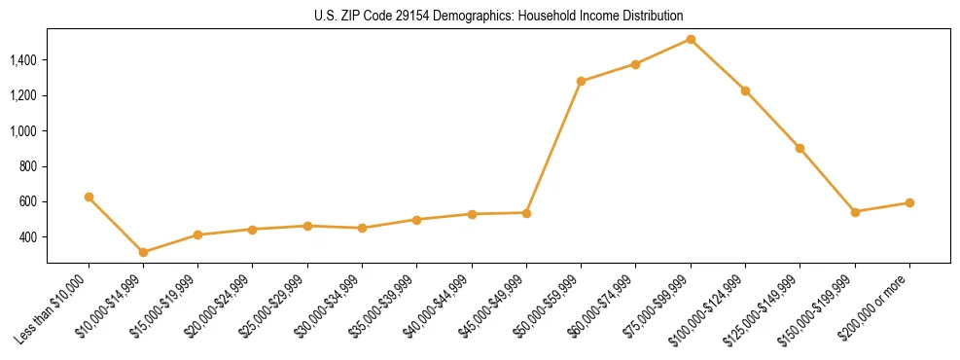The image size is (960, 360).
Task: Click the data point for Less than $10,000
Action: coord(89,197)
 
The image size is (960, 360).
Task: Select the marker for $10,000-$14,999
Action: coord(143,252)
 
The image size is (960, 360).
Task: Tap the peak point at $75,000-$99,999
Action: coord(691,39)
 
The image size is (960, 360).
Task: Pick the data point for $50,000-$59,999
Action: coord(581,81)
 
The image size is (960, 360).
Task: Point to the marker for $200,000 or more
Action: coord(909,202)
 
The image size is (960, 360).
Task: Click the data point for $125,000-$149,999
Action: coord(800,148)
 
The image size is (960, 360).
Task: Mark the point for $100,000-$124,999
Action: coord(745,90)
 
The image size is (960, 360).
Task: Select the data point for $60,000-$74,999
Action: coord(635,64)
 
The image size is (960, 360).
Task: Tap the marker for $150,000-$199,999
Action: coord(855,211)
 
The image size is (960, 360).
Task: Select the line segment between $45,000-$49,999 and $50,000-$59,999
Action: coord(553,147)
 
